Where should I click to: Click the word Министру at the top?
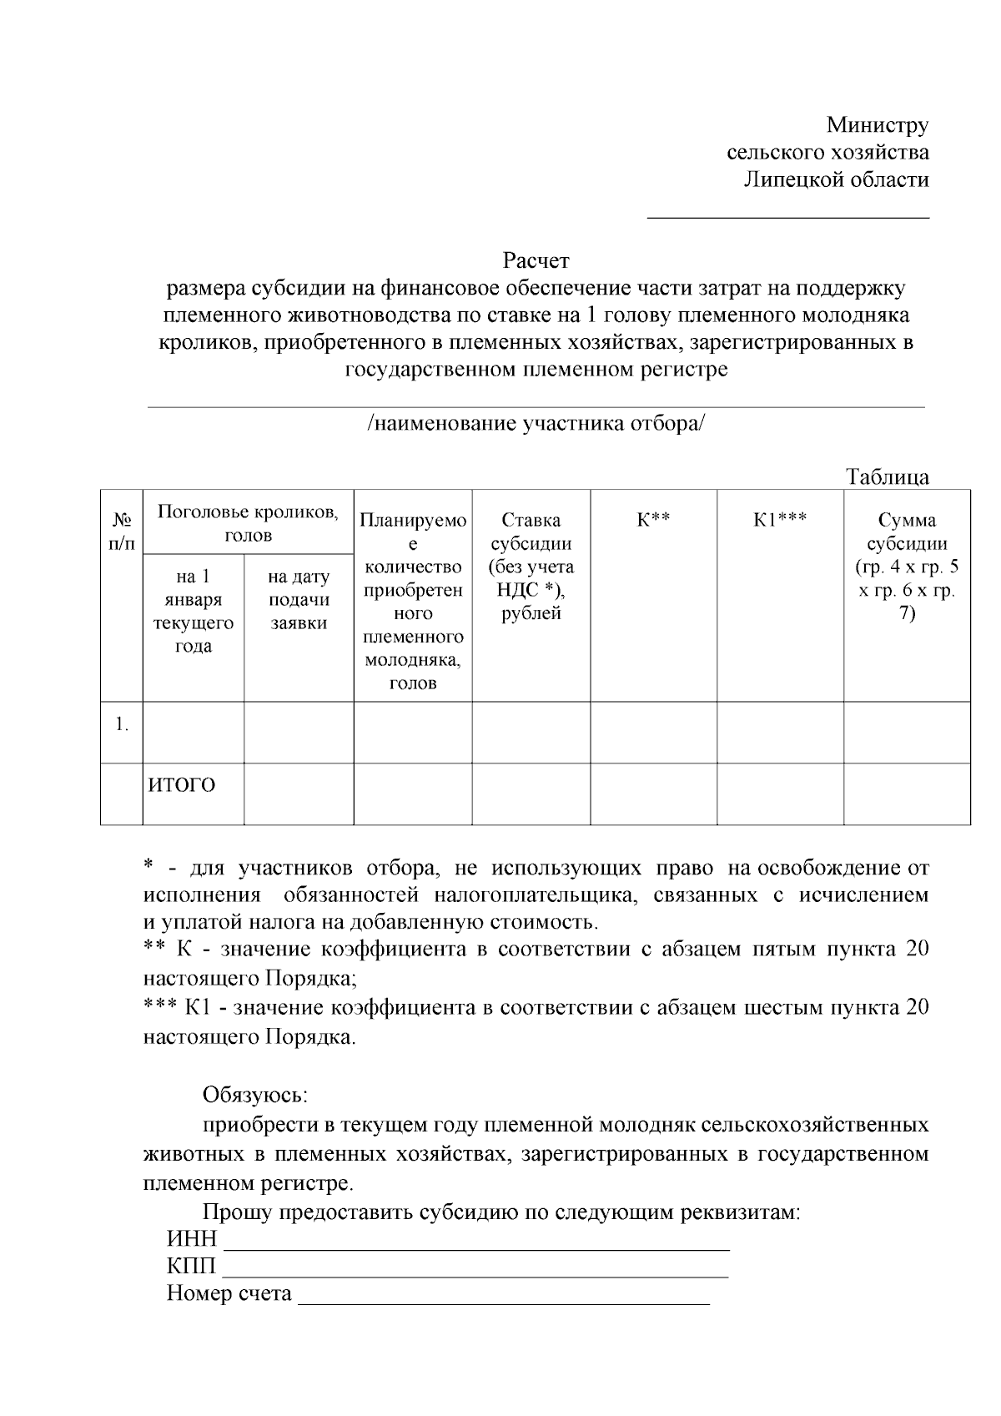point(877,125)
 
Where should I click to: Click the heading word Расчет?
point(536,261)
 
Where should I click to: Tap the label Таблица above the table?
point(887,477)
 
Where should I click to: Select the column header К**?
point(653,521)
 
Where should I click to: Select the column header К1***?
point(780,521)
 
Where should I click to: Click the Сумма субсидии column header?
point(907,567)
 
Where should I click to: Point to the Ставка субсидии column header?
point(531,567)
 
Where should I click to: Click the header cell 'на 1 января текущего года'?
point(193,611)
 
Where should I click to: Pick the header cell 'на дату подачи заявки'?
point(299,599)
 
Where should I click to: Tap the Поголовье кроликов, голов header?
point(248,523)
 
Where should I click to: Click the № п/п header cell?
point(121,532)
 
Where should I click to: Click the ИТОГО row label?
point(182,785)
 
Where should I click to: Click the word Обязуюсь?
point(254,1094)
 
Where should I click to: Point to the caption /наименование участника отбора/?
point(536,423)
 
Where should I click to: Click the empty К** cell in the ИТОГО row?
point(653,794)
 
